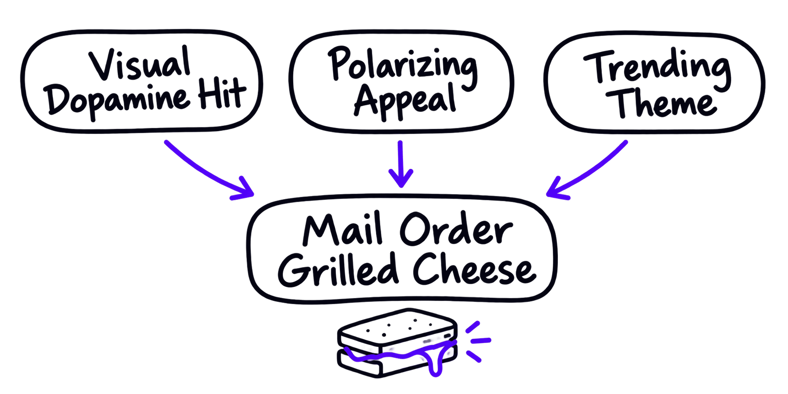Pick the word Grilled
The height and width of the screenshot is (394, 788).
click(338, 269)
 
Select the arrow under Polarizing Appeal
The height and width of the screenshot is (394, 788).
click(401, 164)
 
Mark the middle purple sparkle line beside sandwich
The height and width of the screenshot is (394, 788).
click(481, 341)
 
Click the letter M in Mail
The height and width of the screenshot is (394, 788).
click(321, 230)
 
